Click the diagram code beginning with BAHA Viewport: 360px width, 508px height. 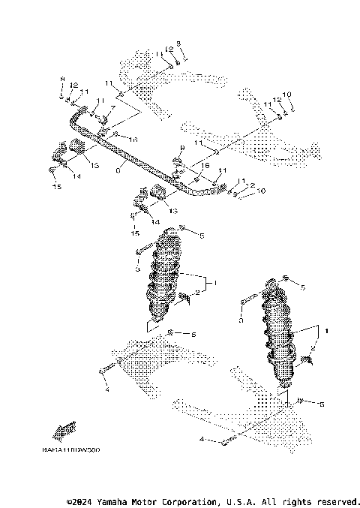point(71,450)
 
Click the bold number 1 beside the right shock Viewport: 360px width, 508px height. point(325,329)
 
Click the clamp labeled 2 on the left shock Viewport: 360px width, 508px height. point(184,299)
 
